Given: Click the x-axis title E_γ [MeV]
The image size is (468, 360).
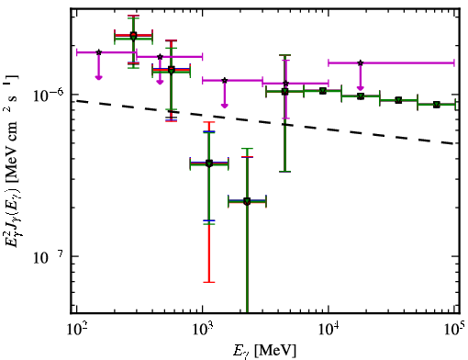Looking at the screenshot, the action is [x=264, y=350].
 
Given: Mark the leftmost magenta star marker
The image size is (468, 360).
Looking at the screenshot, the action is [x=98, y=52].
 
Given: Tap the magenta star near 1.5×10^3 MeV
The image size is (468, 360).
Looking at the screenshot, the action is [x=225, y=80].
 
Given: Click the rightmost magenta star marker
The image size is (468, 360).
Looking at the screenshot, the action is [x=361, y=62].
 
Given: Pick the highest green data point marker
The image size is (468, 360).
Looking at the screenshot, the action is [x=133, y=37].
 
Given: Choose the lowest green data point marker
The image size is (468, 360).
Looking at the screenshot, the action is [x=247, y=201].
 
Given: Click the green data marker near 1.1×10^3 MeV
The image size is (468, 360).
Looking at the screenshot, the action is [x=209, y=163].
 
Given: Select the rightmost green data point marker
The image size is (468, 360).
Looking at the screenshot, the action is [x=437, y=105].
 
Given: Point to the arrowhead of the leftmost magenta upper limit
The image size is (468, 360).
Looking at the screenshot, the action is [x=98, y=77].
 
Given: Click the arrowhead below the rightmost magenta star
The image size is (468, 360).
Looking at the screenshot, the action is [x=361, y=88].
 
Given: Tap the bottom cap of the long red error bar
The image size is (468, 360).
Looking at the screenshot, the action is [x=209, y=282].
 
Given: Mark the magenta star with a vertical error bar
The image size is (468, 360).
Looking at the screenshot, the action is [x=285, y=84].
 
